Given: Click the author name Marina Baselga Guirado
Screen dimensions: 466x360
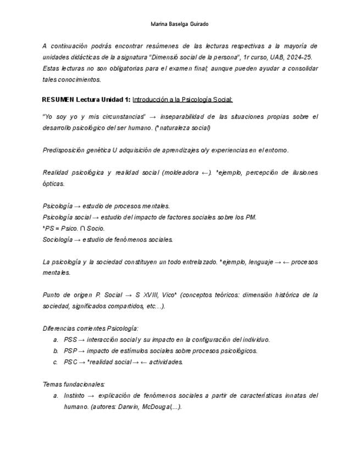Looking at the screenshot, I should point(179,24).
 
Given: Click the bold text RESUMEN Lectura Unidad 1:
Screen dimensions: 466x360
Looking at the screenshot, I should point(86,99).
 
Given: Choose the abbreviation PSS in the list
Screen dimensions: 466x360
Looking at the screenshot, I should point(70,340).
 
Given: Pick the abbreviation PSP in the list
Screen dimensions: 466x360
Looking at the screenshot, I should point(70,351).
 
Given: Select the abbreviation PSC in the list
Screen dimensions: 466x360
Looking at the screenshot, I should point(70,362).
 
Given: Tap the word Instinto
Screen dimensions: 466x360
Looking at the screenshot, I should point(74,396).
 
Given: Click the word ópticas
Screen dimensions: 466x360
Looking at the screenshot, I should point(53,184).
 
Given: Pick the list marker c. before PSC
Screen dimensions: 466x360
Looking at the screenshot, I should point(56,362).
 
